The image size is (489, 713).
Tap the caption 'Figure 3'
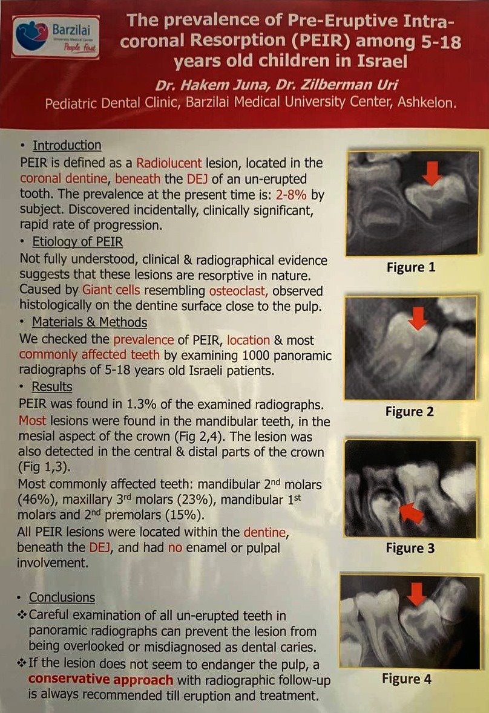(x=410, y=548)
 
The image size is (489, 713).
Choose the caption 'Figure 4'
(x=407, y=679)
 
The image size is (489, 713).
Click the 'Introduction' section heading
(x=67, y=146)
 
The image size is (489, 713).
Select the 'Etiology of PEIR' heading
(x=77, y=243)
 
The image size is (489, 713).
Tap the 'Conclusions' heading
(x=62, y=597)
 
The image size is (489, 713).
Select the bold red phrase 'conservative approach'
(x=100, y=680)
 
